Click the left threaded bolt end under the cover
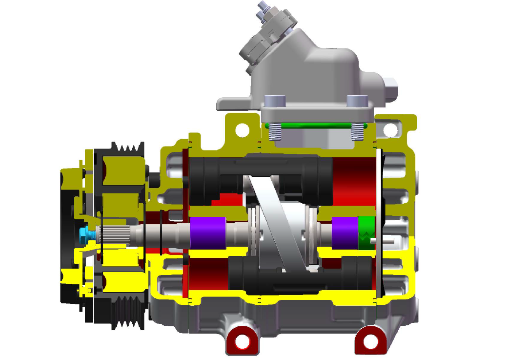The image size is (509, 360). click(x=274, y=131)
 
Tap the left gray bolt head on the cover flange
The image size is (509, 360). click(x=273, y=101)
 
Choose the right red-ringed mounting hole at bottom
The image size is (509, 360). click(x=370, y=340)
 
